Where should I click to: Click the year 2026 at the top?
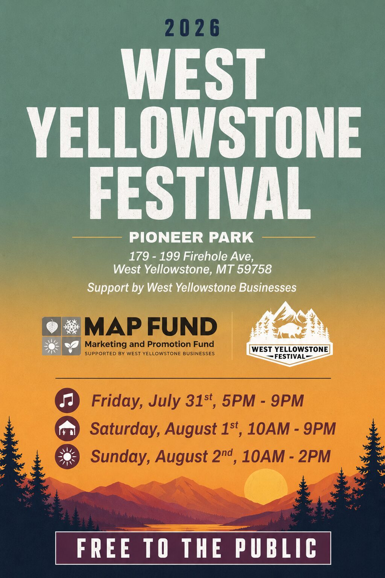192,27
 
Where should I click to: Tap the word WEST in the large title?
193,74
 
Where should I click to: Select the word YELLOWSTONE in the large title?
194,132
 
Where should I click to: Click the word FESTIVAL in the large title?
200,193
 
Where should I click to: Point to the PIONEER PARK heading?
191,237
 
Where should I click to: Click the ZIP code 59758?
254,269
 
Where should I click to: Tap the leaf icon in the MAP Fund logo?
52,326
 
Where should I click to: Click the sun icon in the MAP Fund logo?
52,346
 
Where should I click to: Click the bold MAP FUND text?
151,326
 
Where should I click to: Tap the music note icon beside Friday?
67,400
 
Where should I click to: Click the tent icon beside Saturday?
67,428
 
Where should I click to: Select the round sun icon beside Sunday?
67,457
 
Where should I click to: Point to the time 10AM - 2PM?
286,457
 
